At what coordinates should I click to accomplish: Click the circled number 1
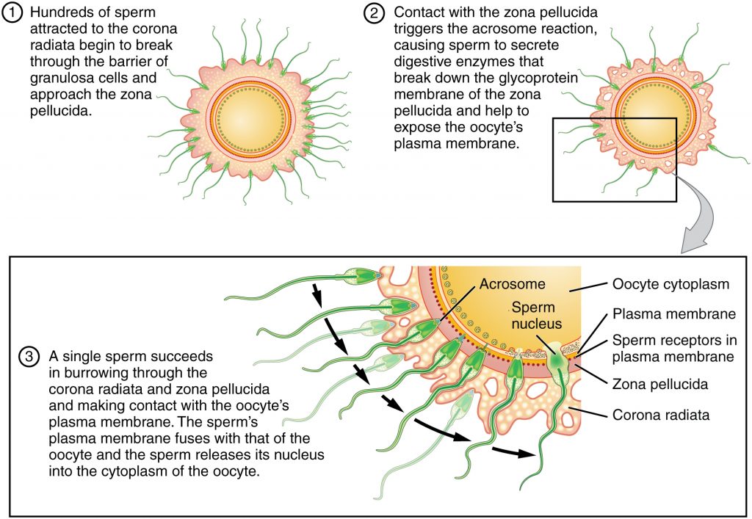tap(14, 14)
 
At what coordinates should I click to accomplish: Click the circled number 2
tap(378, 14)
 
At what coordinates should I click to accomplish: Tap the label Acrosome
tap(505, 284)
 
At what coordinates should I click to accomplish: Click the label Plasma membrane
tap(673, 314)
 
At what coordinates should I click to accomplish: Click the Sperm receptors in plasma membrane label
tap(673, 349)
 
